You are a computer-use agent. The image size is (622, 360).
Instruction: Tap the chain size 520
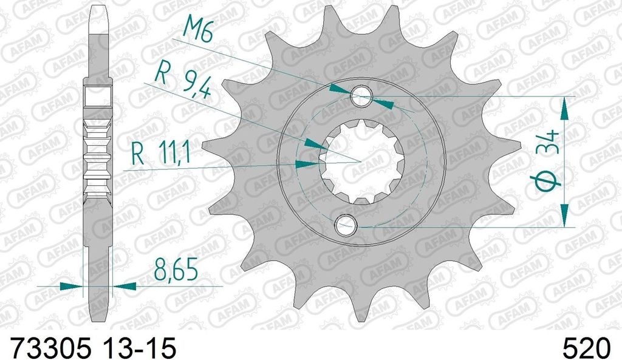click(586, 348)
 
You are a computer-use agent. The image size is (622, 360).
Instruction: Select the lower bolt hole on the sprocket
click(346, 225)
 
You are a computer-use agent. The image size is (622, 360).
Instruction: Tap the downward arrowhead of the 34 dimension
click(565, 216)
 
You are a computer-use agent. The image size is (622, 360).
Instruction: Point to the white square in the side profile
click(95, 96)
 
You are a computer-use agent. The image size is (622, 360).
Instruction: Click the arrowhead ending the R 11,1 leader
click(309, 164)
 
